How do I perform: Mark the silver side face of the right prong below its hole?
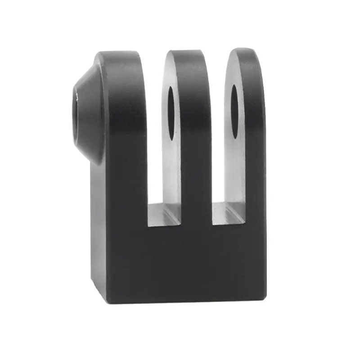pyautogui.click(x=235, y=171)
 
